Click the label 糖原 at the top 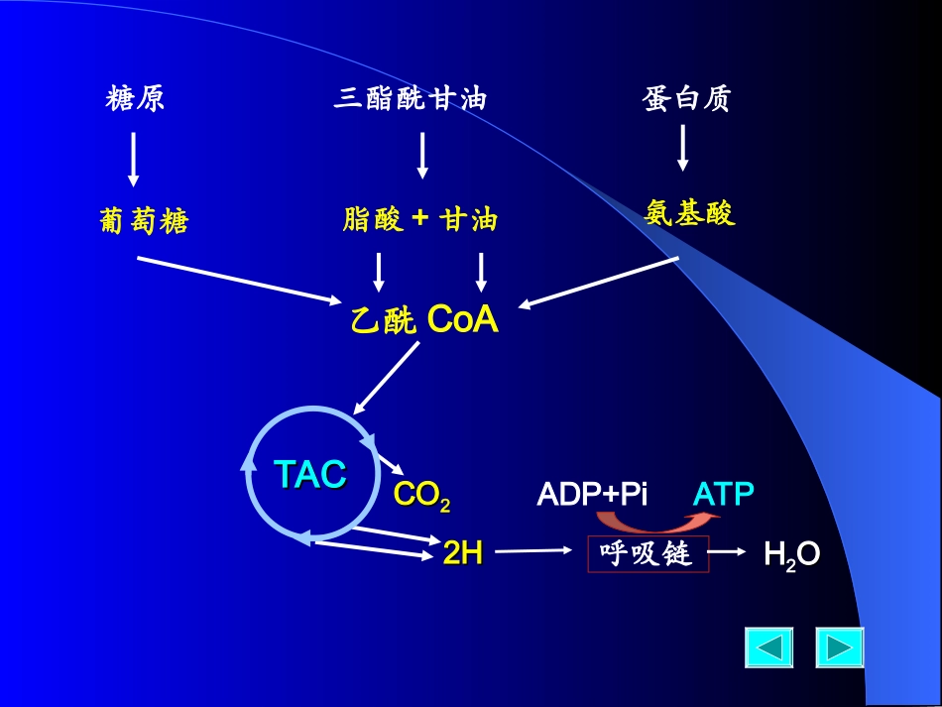pyautogui.click(x=135, y=99)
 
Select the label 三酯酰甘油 pyautogui.click(x=412, y=99)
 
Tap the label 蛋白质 pyautogui.click(x=686, y=99)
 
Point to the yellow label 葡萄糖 pyautogui.click(x=144, y=221)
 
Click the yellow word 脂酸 pyautogui.click(x=373, y=219)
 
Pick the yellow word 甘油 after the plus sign pyautogui.click(x=469, y=219)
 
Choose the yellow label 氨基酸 pyautogui.click(x=690, y=213)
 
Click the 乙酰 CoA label pyautogui.click(x=424, y=320)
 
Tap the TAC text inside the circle pyautogui.click(x=310, y=474)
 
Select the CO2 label pyautogui.click(x=421, y=495)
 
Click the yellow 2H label pyautogui.click(x=462, y=553)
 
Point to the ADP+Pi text pyautogui.click(x=592, y=494)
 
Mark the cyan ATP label pyautogui.click(x=724, y=494)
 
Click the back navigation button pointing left pyautogui.click(x=769, y=648)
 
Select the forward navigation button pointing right pyautogui.click(x=840, y=648)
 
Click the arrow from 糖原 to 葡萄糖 pyautogui.click(x=134, y=159)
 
